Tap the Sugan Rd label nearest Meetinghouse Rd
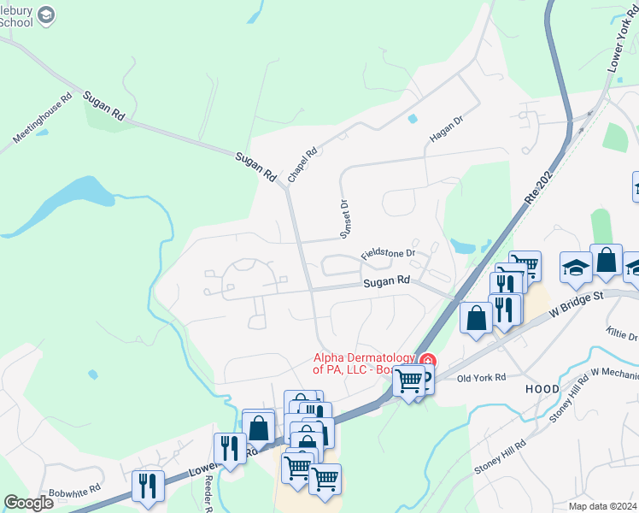click(105, 108)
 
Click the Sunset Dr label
click(346, 219)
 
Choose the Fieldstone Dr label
click(388, 254)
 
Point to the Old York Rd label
click(482, 378)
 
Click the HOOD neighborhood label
click(543, 388)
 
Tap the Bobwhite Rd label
click(74, 492)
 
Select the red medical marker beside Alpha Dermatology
click(428, 360)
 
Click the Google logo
click(29, 503)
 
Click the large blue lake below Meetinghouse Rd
click(81, 195)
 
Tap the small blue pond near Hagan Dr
click(413, 119)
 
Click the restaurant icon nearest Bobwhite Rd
click(148, 486)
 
